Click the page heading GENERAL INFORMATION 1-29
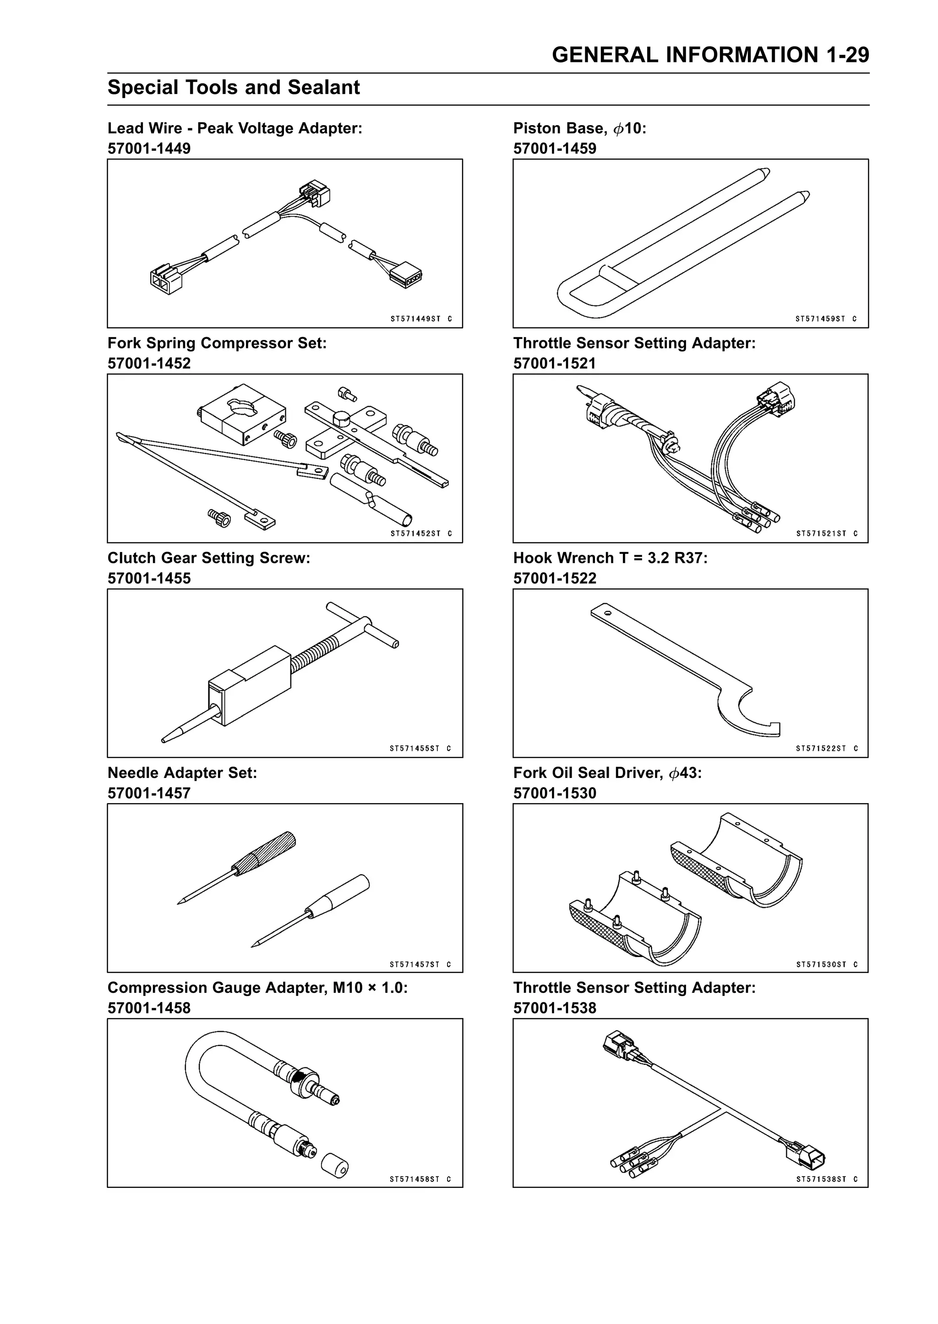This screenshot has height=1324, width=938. [x=710, y=55]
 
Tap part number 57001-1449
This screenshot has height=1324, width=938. [x=149, y=148]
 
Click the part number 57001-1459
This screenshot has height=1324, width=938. [x=555, y=148]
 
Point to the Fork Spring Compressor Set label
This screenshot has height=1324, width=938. [x=217, y=343]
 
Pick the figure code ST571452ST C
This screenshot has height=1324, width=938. [x=421, y=534]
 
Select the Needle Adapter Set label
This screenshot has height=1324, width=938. [x=182, y=773]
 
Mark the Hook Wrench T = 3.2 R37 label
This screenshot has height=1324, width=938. [x=610, y=558]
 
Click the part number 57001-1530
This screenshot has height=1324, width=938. [x=555, y=793]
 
